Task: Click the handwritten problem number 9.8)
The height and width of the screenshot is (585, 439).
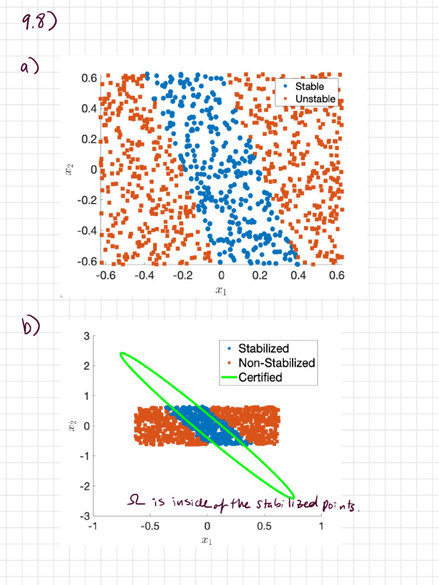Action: [x=38, y=24]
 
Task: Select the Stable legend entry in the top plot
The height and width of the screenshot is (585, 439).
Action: [x=309, y=87]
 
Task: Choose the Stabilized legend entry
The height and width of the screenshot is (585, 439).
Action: [x=263, y=348]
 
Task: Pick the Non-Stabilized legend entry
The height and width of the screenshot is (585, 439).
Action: [x=276, y=363]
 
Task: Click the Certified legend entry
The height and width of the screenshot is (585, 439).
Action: [x=260, y=377]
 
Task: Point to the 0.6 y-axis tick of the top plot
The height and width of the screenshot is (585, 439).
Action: [x=88, y=77]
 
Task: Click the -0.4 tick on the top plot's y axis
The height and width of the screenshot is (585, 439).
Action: [x=86, y=231]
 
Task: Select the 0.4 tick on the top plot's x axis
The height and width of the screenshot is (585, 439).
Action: [x=298, y=276]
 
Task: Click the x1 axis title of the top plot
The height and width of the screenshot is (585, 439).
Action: [x=221, y=290]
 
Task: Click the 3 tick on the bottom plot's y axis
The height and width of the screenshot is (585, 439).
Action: [x=85, y=335]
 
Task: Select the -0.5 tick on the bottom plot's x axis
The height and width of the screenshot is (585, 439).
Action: [x=149, y=526]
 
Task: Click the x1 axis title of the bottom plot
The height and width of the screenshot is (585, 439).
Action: [x=207, y=540]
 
